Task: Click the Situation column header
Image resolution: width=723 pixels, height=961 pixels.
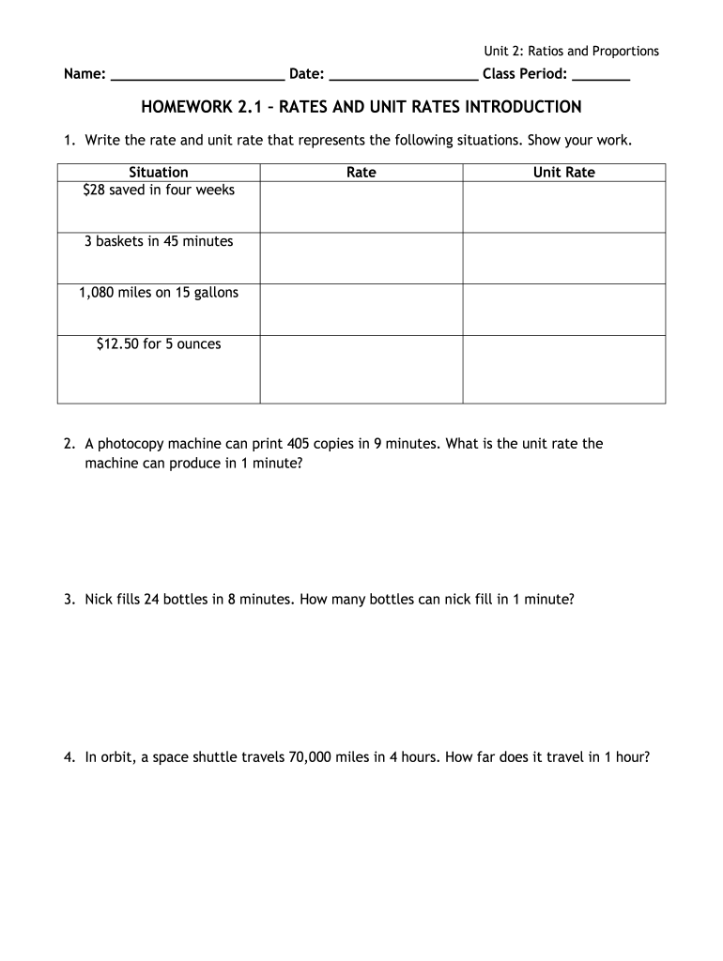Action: pyautogui.click(x=159, y=173)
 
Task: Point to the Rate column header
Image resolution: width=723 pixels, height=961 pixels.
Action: pyautogui.click(x=361, y=173)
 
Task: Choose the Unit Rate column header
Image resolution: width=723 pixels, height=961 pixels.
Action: pyautogui.click(x=564, y=173)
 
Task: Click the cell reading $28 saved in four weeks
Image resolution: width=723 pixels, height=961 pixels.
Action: pyautogui.click(x=159, y=191)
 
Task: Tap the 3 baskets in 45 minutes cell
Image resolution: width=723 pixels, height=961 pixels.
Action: pyautogui.click(x=159, y=242)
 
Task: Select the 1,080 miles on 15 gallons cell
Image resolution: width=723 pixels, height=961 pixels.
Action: pyautogui.click(x=159, y=293)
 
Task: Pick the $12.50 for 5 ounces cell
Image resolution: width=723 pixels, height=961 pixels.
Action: pyautogui.click(x=159, y=344)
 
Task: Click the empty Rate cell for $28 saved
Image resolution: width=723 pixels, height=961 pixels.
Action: pyautogui.click(x=361, y=206)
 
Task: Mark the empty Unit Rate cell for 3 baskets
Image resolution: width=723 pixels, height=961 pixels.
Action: pyautogui.click(x=564, y=258)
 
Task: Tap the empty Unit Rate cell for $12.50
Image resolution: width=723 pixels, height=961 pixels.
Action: pyautogui.click(x=564, y=369)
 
